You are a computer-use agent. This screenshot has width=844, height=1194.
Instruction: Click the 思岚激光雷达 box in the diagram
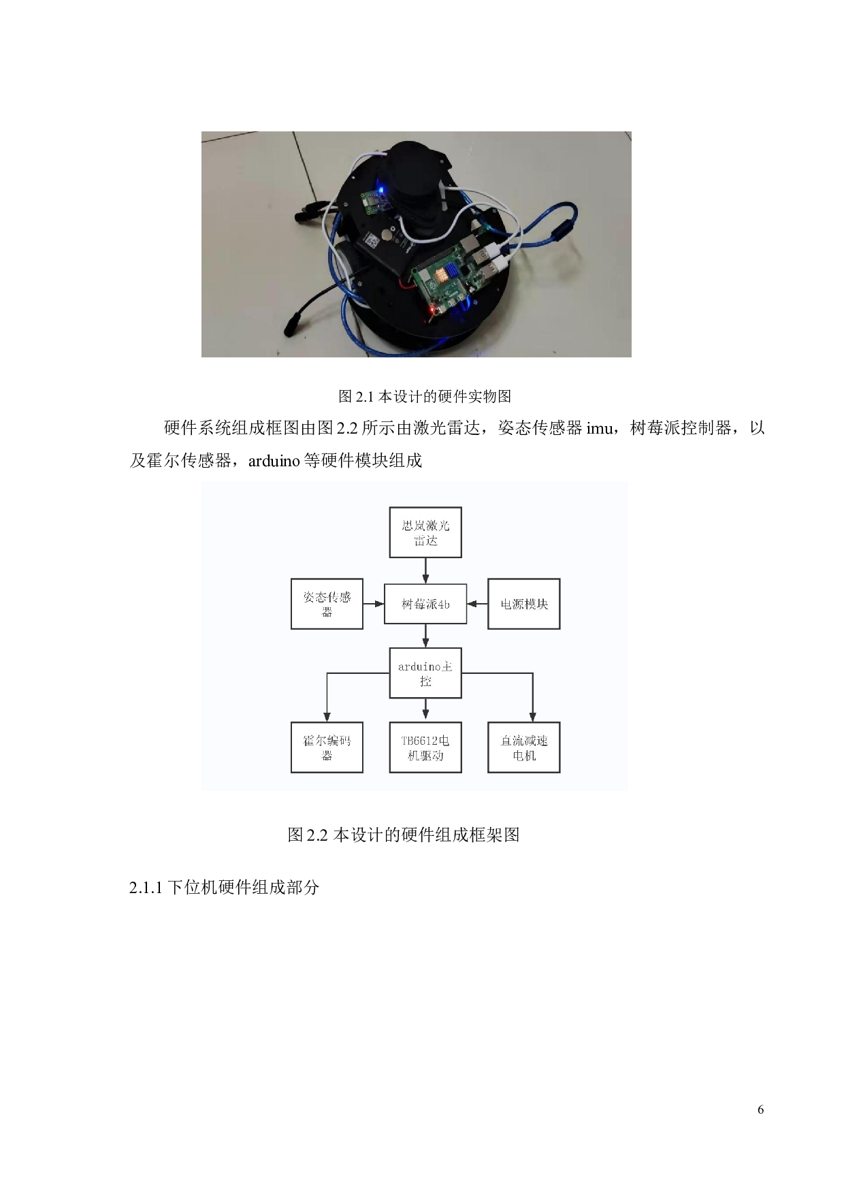[x=425, y=532]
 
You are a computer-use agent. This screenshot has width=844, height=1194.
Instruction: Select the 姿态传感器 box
[x=327, y=604]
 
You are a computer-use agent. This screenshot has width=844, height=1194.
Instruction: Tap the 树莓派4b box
[x=425, y=604]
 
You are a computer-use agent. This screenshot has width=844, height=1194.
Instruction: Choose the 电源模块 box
[x=524, y=604]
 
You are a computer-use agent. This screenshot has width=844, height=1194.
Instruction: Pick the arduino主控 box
[x=425, y=673]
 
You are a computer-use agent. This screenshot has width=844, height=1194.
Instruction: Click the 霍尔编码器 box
[x=327, y=747]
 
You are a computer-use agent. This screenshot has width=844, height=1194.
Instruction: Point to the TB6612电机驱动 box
[x=425, y=747]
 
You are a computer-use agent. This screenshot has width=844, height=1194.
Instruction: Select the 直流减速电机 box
[x=524, y=747]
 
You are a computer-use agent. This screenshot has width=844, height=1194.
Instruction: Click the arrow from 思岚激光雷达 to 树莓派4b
[x=425, y=570]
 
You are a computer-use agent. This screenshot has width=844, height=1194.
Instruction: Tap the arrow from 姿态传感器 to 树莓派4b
[x=374, y=604]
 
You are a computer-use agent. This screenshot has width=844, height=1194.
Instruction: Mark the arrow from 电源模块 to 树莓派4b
[x=477, y=604]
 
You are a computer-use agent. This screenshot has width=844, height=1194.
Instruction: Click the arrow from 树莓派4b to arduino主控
[x=425, y=636]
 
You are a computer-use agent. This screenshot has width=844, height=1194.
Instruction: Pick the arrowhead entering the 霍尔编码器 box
[x=327, y=717]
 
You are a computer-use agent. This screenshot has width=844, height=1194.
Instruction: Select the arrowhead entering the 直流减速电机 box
[x=532, y=717]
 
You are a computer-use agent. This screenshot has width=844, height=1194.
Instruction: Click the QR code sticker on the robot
[x=372, y=240]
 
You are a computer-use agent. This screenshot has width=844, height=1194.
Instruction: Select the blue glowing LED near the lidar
[x=383, y=188]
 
